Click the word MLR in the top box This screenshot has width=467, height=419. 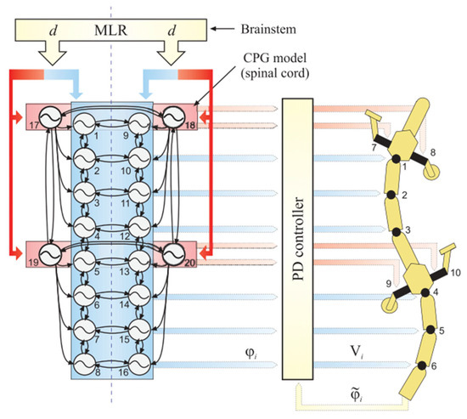113,31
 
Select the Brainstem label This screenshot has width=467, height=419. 258,29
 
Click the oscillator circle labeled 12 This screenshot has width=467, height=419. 138,226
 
